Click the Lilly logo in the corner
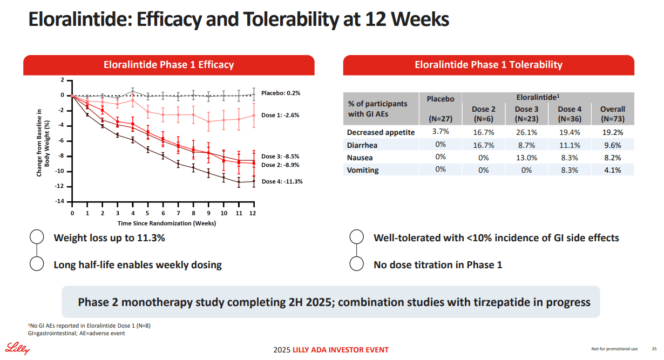pyautogui.click(x=18, y=349)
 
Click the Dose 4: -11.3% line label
pyautogui.click(x=282, y=181)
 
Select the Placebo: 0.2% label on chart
pyautogui.click(x=281, y=93)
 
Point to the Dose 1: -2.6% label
pyautogui.click(x=280, y=115)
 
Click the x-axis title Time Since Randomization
pyautogui.click(x=167, y=223)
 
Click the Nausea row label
pyautogui.click(x=360, y=158)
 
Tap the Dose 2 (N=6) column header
pyautogui.click(x=483, y=114)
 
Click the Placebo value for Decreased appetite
pyautogui.click(x=441, y=131)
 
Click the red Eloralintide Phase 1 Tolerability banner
pyautogui.click(x=489, y=65)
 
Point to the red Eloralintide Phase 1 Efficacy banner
pyautogui.click(x=168, y=65)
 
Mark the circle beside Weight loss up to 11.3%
pyautogui.click(x=37, y=237)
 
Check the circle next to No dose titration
pyautogui.click(x=356, y=264)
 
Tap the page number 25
pyautogui.click(x=654, y=349)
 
